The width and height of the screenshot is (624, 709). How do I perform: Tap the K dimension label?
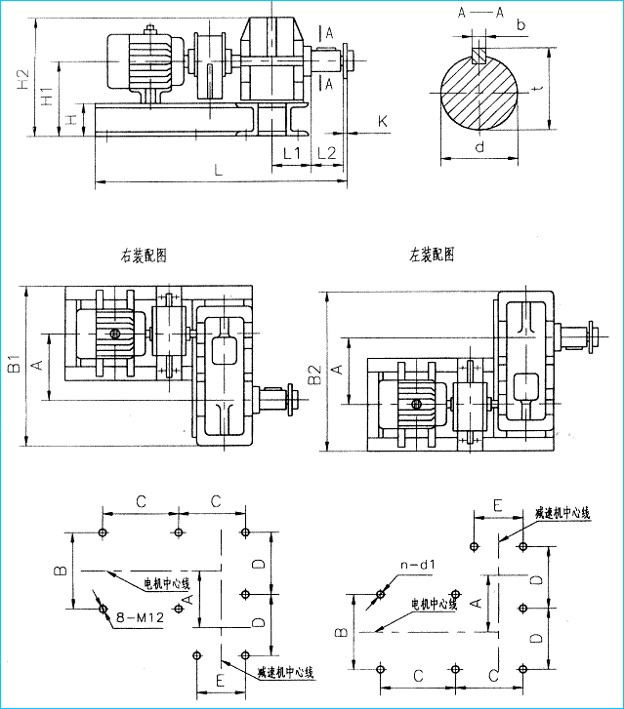coord(383,121)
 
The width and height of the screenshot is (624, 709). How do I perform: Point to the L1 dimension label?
coord(292,152)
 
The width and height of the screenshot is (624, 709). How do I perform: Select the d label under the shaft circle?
coord(478,147)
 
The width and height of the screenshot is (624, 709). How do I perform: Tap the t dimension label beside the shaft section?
coord(538,89)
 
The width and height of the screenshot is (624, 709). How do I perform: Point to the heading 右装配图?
coord(144,256)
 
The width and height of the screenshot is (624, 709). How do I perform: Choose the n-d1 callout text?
coord(416,564)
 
